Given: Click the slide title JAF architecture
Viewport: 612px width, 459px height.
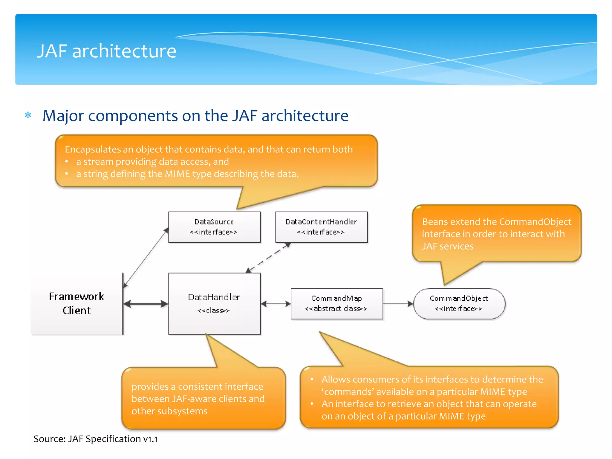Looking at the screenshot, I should pyautogui.click(x=106, y=51).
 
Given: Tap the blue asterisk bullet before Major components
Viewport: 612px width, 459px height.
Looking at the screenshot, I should pyautogui.click(x=28, y=115).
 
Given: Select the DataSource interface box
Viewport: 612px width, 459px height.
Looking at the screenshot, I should pyautogui.click(x=214, y=227).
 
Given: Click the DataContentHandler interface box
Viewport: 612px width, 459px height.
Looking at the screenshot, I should pyautogui.click(x=321, y=227).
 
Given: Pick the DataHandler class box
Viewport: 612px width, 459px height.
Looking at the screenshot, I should pyautogui.click(x=214, y=304).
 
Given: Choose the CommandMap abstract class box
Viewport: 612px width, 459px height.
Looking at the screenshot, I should pyautogui.click(x=336, y=304).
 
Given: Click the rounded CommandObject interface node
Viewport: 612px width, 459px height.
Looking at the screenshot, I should pyautogui.click(x=459, y=304).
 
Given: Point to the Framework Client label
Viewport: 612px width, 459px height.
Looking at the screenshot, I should pyautogui.click(x=76, y=303).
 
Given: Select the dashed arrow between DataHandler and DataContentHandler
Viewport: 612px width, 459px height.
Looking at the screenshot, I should pyautogui.click(x=268, y=258).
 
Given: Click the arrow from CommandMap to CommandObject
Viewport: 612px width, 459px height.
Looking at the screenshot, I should pyautogui.click(x=398, y=304).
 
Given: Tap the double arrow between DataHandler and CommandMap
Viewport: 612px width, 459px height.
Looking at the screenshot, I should pyautogui.click(x=276, y=304).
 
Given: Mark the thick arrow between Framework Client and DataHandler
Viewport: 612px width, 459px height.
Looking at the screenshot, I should pyautogui.click(x=146, y=304).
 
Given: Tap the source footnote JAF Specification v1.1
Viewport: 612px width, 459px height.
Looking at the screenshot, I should pyautogui.click(x=112, y=439).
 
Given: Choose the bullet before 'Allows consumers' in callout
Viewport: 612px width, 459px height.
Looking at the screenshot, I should pyautogui.click(x=312, y=379).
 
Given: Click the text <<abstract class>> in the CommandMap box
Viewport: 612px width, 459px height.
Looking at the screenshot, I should pyautogui.click(x=336, y=309).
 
